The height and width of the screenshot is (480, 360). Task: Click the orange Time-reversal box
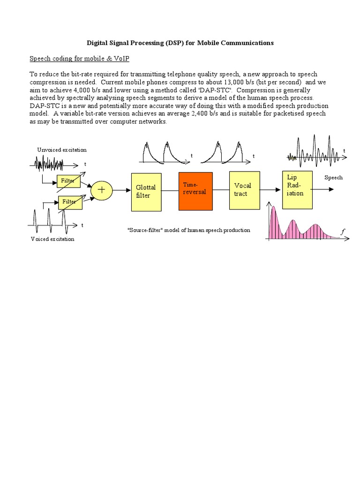[x=195, y=191]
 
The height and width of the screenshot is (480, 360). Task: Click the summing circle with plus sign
[x=100, y=190]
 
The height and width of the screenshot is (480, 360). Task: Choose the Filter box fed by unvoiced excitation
[x=69, y=181]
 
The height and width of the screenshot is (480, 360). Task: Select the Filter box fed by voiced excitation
[x=69, y=202]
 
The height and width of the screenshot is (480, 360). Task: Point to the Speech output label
[x=333, y=178]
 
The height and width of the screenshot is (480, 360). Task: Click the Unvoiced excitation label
[x=62, y=150]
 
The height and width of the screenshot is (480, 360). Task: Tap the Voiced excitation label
[x=52, y=239]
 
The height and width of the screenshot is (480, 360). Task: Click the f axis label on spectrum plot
[x=343, y=232]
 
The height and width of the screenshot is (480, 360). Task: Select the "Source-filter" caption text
[x=188, y=230]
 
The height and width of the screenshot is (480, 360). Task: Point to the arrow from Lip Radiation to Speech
[x=323, y=189]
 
